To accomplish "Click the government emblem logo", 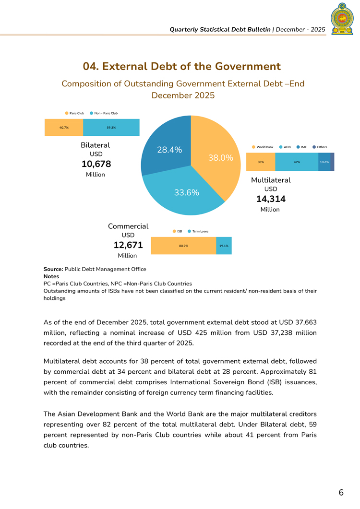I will [x=342, y=19].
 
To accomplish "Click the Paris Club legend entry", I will [x=74, y=113].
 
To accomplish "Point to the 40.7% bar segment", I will [x=64, y=128].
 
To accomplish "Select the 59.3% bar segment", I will [x=111, y=128].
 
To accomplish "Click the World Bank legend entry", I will [x=262, y=147].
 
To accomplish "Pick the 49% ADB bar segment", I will [x=297, y=162].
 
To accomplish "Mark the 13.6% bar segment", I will [x=324, y=162].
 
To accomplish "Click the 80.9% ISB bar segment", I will [x=183, y=246].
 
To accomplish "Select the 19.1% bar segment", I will [x=224, y=246].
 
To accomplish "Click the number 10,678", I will [x=96, y=164].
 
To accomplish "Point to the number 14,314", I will [x=271, y=199].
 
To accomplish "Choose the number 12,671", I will [x=128, y=245].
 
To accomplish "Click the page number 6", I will [x=341, y=493].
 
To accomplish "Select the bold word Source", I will [x=53, y=269].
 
